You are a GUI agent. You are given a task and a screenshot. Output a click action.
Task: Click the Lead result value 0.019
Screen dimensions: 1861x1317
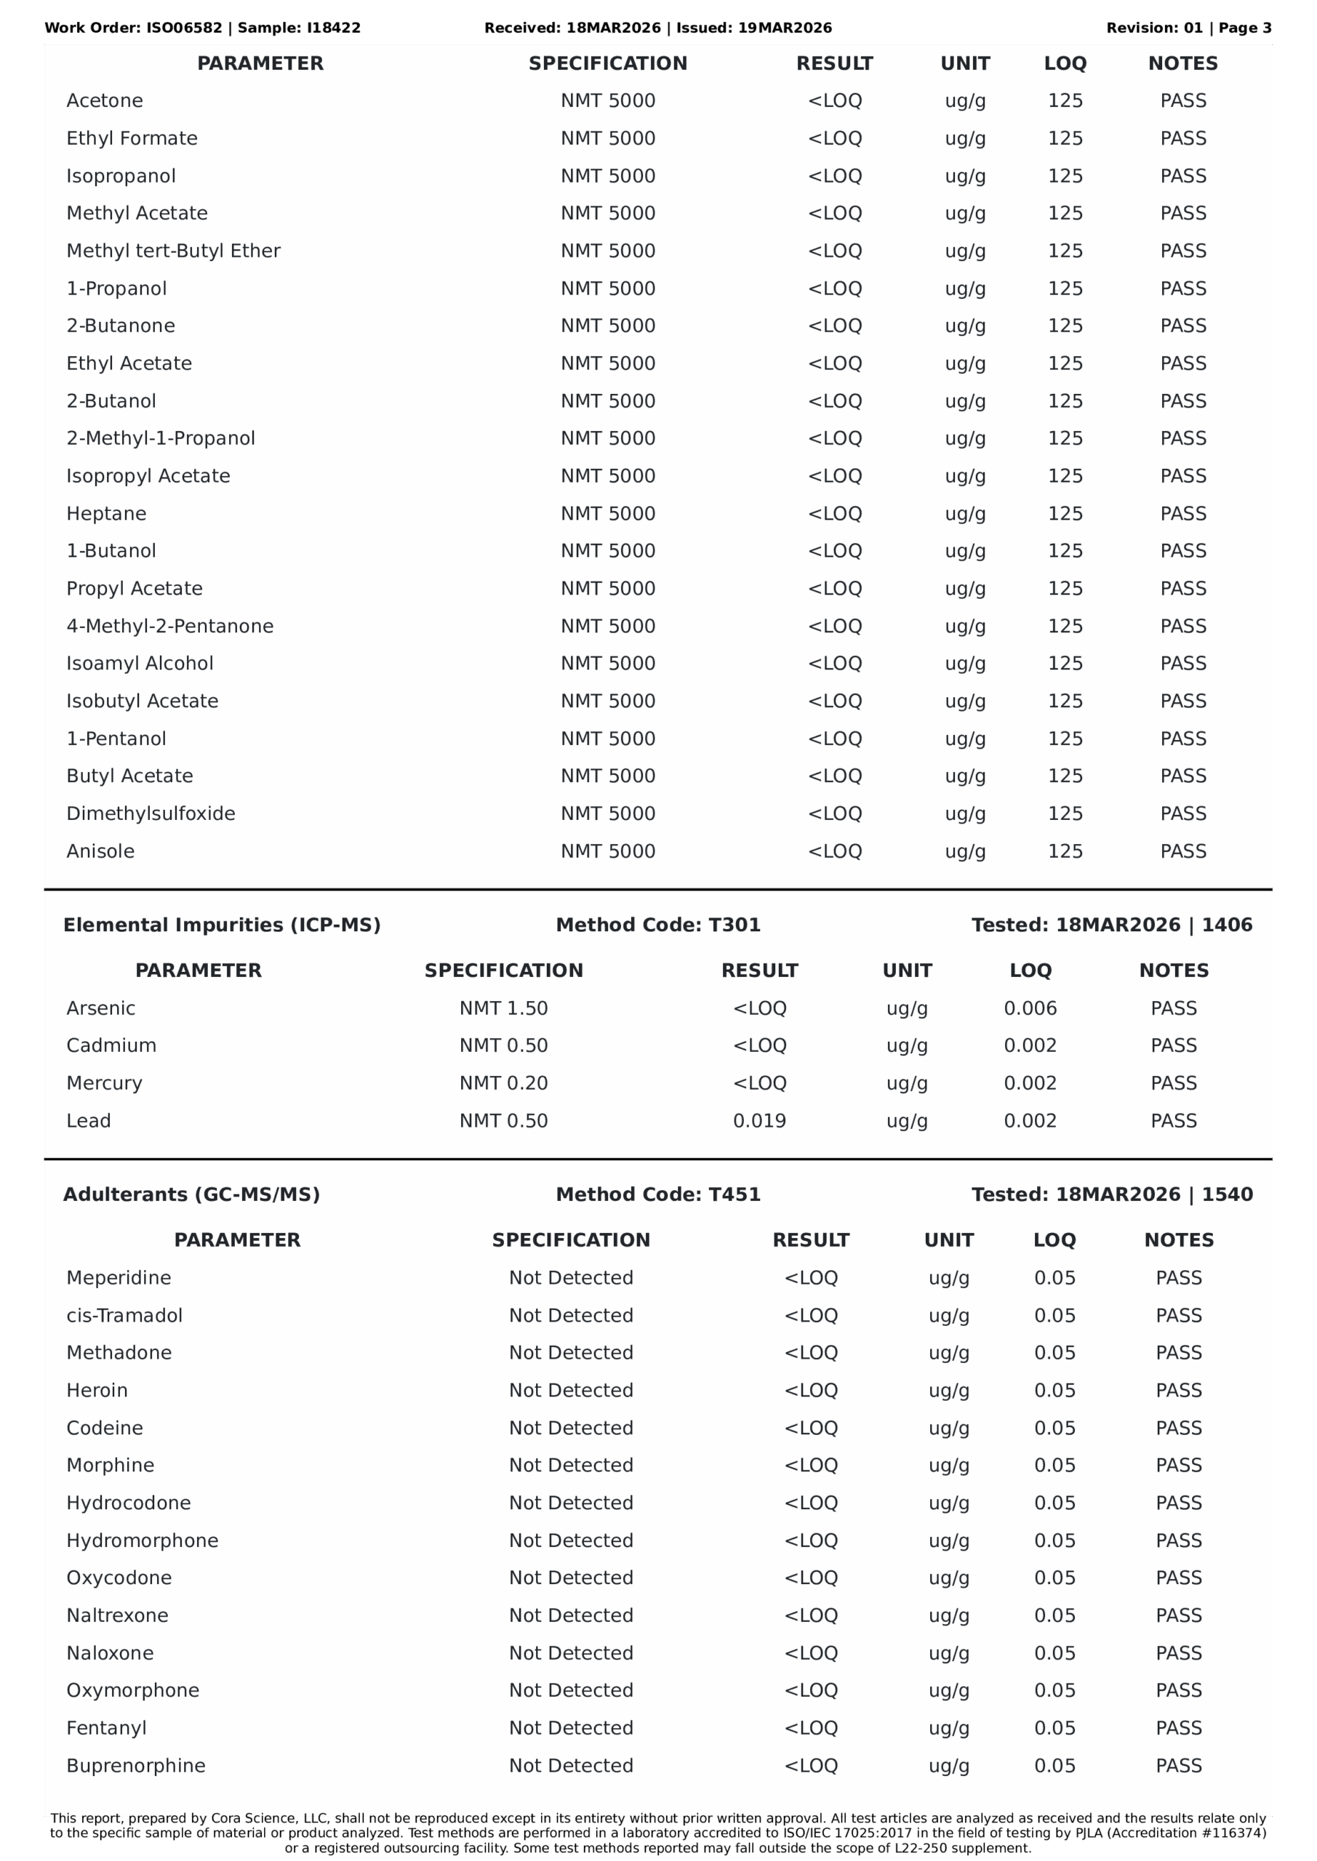[x=759, y=1121]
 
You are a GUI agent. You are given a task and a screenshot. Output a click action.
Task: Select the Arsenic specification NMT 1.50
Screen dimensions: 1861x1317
[x=504, y=1008]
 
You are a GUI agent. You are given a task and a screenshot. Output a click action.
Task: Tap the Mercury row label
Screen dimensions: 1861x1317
[x=104, y=1083]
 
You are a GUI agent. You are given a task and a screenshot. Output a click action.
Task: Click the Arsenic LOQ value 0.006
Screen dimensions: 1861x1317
[x=1030, y=1008]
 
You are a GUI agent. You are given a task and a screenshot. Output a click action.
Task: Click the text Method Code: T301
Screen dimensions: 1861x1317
[x=657, y=925]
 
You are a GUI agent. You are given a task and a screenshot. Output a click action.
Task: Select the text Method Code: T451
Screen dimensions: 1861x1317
[x=657, y=1194]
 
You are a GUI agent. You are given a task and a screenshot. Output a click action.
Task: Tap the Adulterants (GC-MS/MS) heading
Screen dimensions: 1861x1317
[x=191, y=1194]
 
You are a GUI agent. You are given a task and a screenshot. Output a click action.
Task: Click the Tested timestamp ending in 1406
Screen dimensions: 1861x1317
[x=1111, y=925]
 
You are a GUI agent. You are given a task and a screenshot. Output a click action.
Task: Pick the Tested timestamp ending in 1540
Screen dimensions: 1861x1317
[x=1111, y=1194]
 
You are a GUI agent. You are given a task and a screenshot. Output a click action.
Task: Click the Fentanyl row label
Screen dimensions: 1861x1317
[x=106, y=1728]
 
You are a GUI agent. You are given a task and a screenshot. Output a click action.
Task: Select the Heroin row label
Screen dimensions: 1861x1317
[x=97, y=1390]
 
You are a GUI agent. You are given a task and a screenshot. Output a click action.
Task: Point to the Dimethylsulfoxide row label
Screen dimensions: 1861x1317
[x=151, y=813]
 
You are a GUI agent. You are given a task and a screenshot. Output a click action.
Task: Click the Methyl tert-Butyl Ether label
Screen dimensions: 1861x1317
[x=173, y=252]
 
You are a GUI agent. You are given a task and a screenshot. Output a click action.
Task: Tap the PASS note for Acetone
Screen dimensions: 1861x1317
[x=1182, y=101]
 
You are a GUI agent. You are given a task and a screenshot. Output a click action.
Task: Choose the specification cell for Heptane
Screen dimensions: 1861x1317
[x=607, y=514]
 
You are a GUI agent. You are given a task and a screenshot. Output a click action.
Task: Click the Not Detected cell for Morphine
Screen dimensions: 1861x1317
[x=571, y=1466]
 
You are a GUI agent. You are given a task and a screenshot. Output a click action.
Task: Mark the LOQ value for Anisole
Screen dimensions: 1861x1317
[x=1065, y=851]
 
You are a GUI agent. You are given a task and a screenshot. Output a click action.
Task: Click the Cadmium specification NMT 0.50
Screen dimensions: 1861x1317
[x=504, y=1045]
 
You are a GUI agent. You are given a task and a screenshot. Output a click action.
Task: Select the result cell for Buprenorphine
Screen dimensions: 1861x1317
[x=810, y=1765]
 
